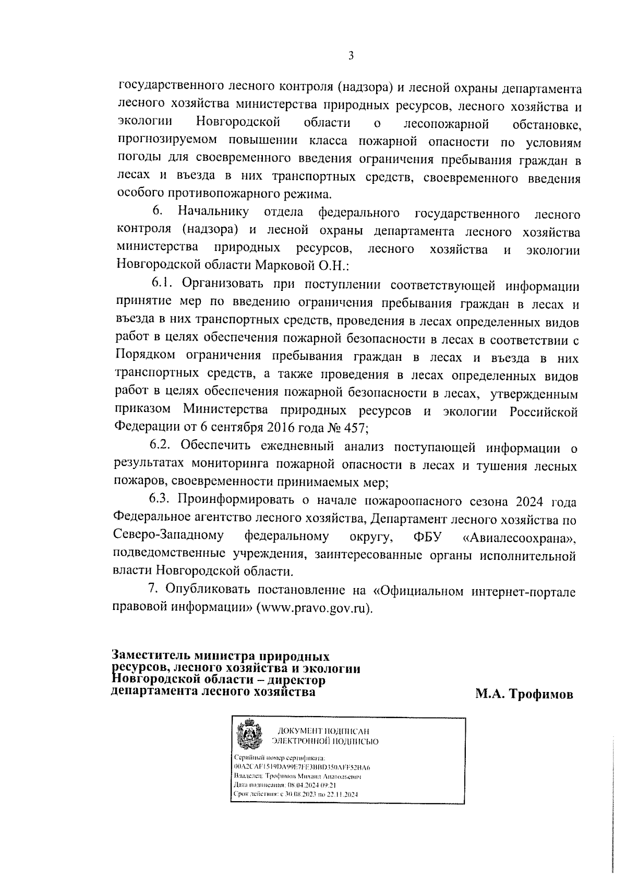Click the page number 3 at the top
point(351,56)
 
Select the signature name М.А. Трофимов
point(524,694)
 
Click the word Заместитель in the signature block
point(151,656)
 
